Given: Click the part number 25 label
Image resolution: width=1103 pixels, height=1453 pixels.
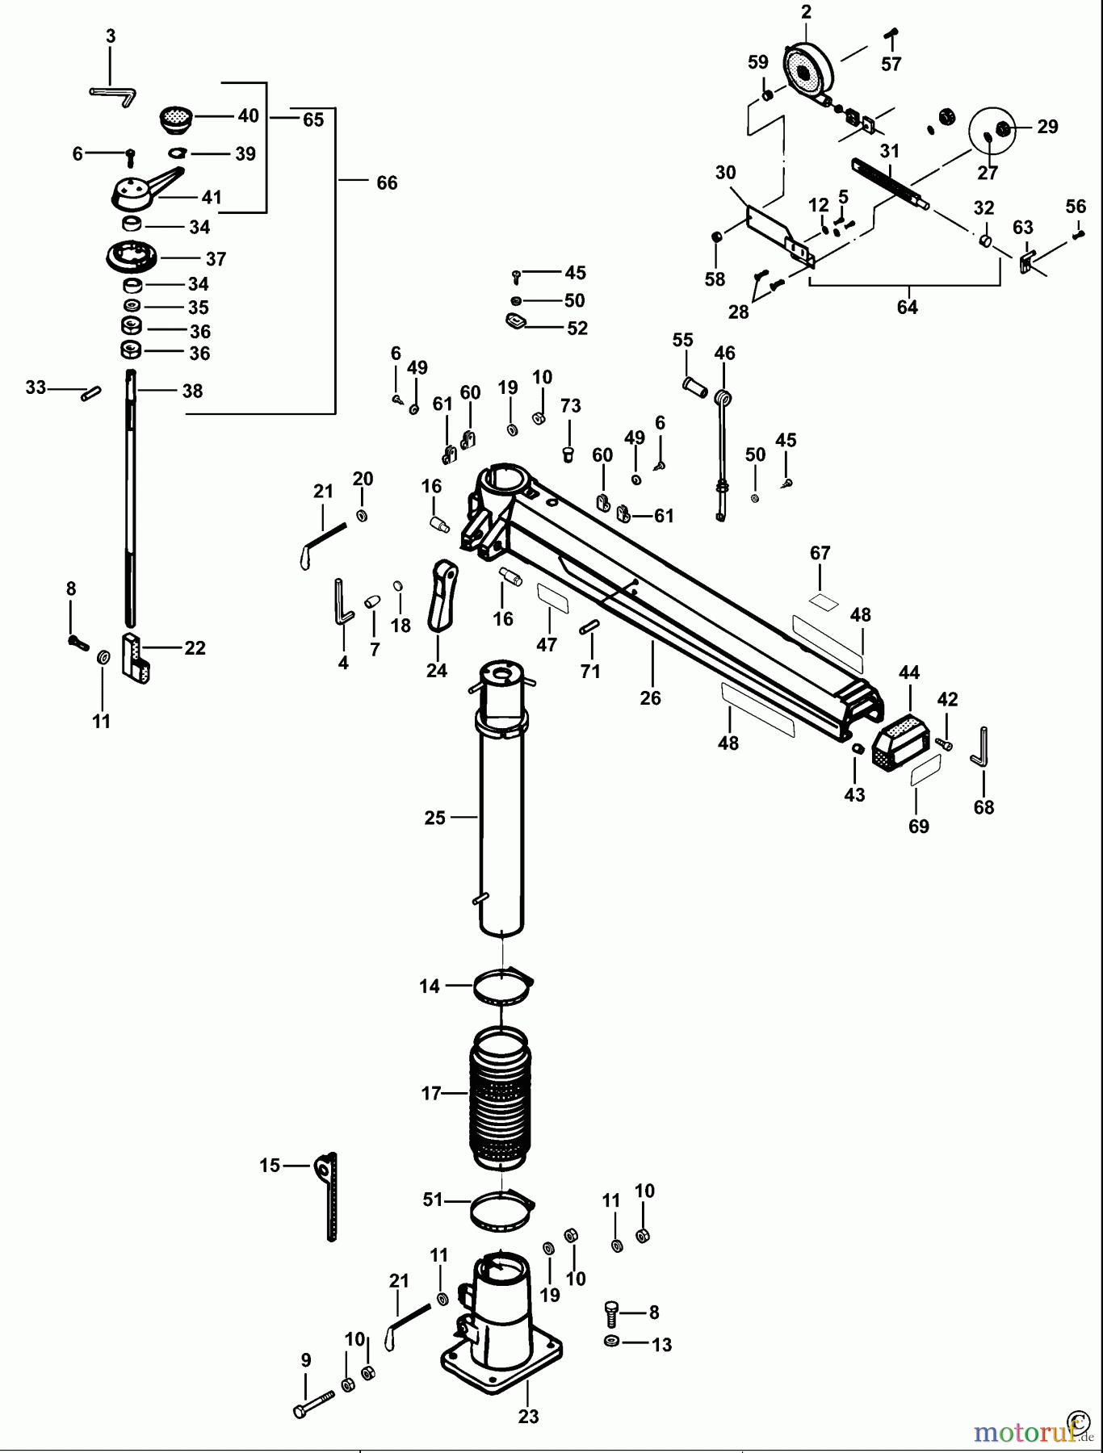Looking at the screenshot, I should [434, 818].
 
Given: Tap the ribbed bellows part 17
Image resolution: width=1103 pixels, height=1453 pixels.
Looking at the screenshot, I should [501, 1098].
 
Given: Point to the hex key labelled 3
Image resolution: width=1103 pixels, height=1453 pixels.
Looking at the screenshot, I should [113, 94].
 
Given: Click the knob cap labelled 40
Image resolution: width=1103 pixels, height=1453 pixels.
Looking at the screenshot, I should [175, 119].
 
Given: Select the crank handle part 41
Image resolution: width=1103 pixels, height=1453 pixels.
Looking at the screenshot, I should [141, 189].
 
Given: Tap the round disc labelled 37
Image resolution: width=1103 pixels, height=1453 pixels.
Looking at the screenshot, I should [132, 258].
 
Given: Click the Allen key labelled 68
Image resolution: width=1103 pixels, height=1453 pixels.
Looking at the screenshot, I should [980, 748].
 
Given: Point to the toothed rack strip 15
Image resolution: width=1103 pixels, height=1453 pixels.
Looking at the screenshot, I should [329, 1195].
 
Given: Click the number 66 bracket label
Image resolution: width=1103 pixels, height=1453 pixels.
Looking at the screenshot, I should [387, 183].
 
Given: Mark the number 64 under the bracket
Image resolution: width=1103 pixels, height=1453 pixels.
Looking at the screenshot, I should [907, 308].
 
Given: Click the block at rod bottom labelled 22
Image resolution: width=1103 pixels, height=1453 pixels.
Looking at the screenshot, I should [136, 659].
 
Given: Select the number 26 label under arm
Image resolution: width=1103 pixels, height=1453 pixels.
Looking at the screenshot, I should [650, 698].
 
